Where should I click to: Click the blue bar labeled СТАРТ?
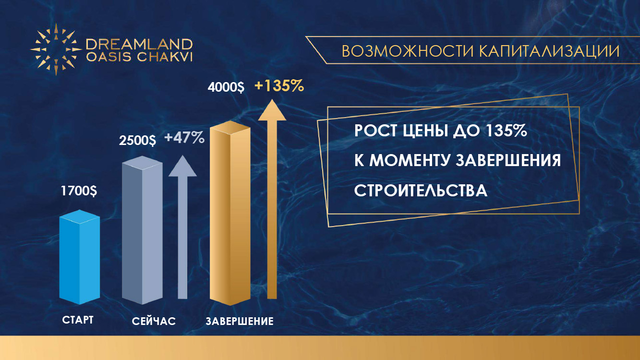pos(79,257)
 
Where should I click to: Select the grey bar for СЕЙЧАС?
pos(142,230)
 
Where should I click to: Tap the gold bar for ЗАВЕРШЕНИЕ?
pos(230,213)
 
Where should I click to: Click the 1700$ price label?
pos(79,191)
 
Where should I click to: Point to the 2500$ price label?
pos(137,140)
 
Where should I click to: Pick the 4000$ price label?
pos(226,87)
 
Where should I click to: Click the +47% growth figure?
pos(184,138)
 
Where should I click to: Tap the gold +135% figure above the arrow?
pos(279,86)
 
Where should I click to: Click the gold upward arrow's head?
pos(272,110)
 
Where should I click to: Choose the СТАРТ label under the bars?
pos(78,320)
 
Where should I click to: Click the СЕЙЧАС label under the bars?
pos(154,322)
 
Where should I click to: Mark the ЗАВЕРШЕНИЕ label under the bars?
pos(240,321)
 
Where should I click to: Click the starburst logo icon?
pos(56,49)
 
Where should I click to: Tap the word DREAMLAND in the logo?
pos(139,45)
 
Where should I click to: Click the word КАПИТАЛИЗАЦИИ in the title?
pos(549,51)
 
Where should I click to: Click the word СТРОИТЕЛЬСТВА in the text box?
pos(421,190)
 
